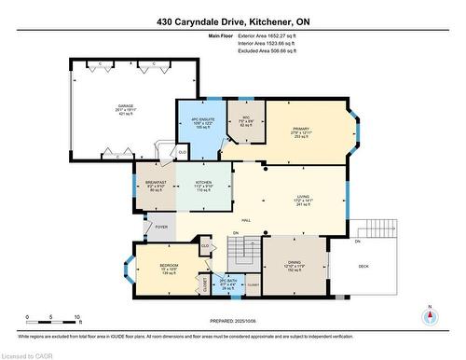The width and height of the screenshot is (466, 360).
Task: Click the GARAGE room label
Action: coord(126,106)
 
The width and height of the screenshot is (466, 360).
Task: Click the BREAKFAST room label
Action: coord(156,182)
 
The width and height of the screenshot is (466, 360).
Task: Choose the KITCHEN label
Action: coord(203,182)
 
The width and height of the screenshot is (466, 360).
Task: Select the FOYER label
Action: coord(160,226)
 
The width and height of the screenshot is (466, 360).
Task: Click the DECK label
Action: coord(364,267)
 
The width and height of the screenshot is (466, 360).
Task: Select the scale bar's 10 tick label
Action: coord(77,317)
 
